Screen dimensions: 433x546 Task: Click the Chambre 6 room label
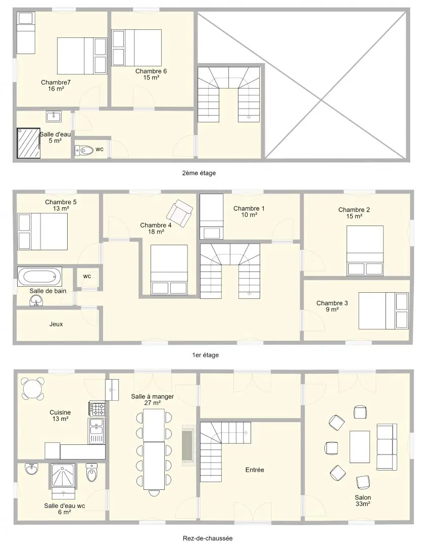(151, 71)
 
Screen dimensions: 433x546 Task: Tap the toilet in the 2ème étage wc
(84, 150)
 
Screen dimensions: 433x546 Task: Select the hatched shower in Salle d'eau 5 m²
(28, 143)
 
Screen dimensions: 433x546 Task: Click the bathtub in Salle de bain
(40, 277)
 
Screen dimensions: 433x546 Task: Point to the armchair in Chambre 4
(179, 213)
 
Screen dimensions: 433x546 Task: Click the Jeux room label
(56, 324)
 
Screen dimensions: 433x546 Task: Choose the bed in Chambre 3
(383, 310)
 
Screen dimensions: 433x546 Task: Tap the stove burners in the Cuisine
(97, 409)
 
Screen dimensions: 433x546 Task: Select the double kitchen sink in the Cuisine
(97, 431)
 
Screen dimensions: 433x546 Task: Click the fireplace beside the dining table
(188, 445)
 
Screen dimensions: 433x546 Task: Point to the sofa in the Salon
(387, 447)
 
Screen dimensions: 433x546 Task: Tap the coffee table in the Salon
(360, 447)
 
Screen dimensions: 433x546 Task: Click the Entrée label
(255, 470)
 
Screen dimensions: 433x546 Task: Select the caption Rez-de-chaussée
(208, 538)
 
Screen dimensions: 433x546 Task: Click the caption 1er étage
(205, 355)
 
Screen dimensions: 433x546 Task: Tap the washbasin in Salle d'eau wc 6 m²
(31, 469)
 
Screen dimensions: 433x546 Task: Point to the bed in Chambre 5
(42, 232)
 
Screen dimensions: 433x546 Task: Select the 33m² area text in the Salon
(363, 504)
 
